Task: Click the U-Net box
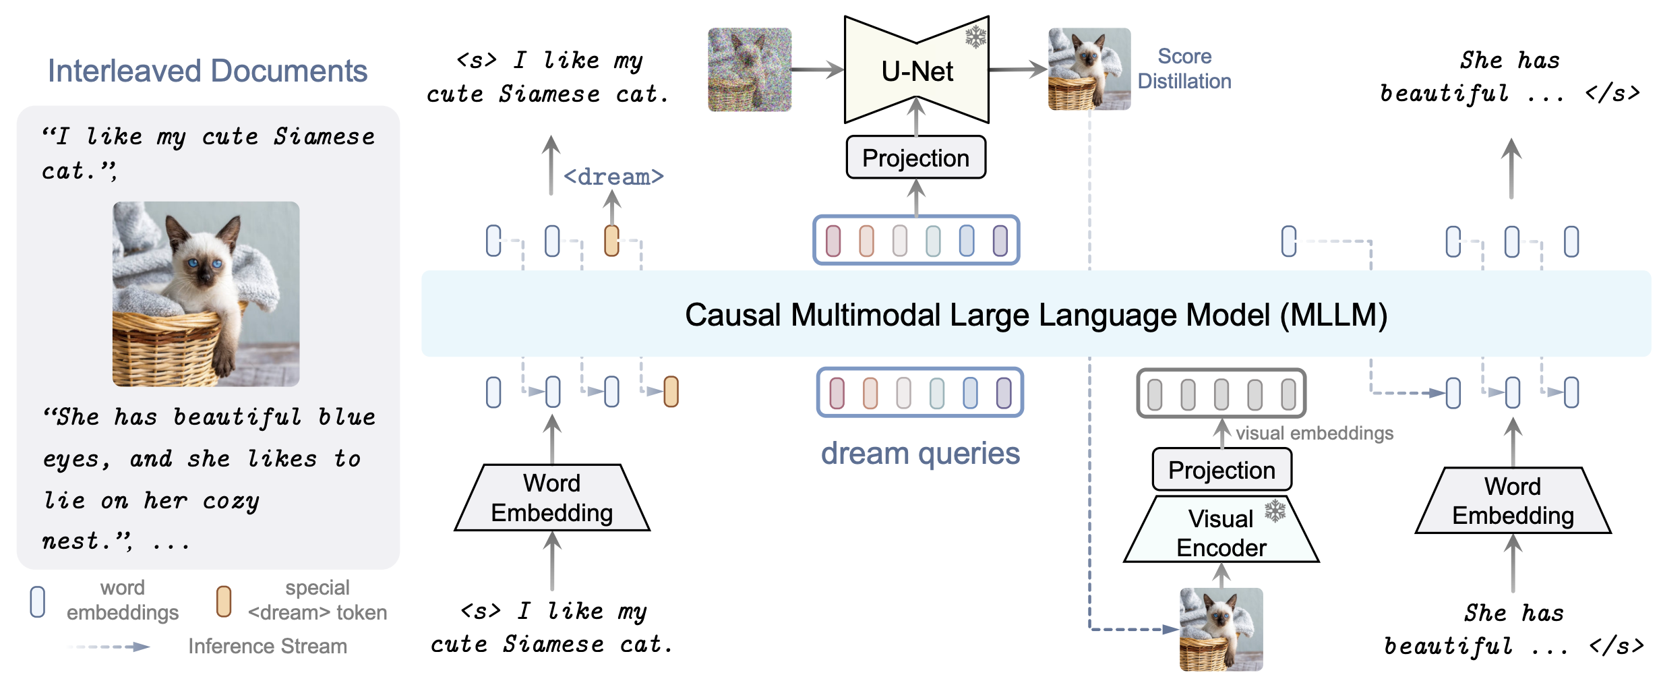917,70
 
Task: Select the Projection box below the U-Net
915,158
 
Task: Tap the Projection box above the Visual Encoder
1221,470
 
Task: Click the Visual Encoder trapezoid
1221,530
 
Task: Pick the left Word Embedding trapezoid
552,498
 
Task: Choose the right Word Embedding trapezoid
1513,500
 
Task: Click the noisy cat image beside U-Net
750,69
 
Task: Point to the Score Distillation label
1184,69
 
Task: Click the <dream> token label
613,177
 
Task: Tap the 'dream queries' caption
920,453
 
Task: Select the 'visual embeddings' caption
1315,433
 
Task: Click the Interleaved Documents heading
208,71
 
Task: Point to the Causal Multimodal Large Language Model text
1036,315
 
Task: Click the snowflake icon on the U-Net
975,36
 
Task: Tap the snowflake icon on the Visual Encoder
1275,510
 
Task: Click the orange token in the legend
224,601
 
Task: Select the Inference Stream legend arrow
109,647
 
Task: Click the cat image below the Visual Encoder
1221,629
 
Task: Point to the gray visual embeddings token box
1221,393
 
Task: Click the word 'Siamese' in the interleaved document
324,136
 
